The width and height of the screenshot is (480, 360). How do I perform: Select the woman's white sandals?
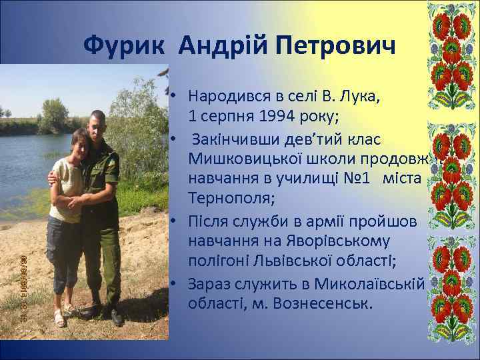[63, 317]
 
